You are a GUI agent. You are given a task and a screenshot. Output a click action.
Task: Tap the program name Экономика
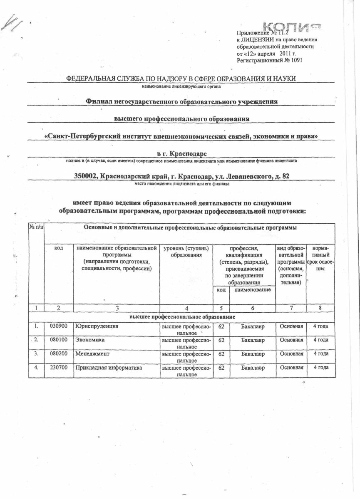click(x=89, y=340)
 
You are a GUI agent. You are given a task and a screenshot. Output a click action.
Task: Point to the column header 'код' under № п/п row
click(x=59, y=248)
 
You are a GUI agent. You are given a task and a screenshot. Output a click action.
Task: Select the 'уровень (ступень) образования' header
click(x=186, y=251)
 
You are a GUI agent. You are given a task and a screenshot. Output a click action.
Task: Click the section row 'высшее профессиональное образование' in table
click(x=182, y=317)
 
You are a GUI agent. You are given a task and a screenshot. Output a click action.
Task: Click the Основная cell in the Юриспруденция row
click(x=291, y=326)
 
